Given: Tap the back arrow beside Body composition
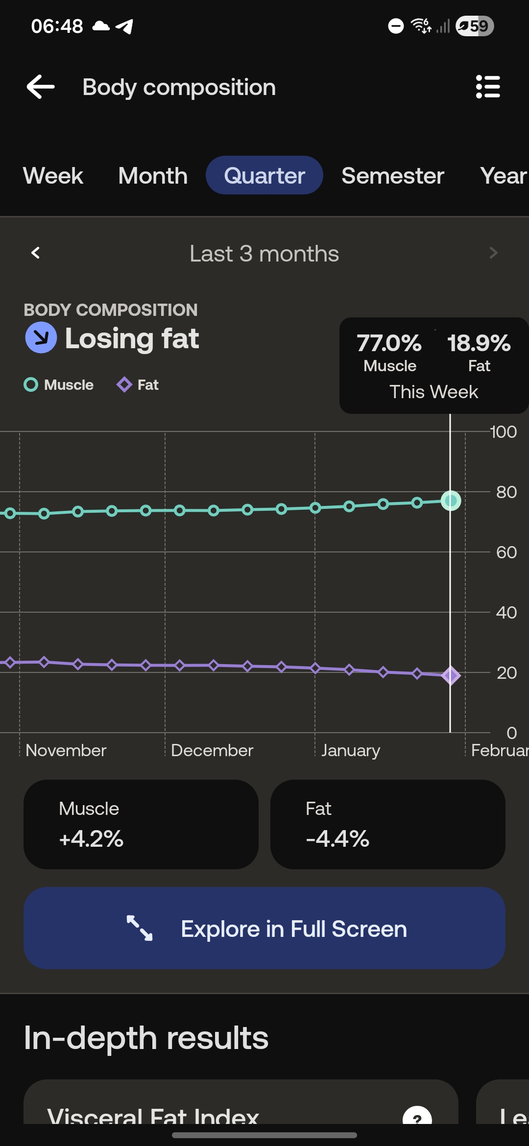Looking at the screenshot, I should (41, 87).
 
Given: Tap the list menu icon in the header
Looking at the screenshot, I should (488, 87).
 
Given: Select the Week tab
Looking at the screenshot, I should (53, 176).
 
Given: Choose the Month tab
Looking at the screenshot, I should (153, 176).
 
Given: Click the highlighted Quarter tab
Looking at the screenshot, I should (264, 176).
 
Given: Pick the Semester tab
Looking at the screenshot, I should (393, 176).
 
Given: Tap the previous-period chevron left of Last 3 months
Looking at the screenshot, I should (35, 253).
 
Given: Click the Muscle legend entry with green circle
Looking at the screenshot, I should (59, 385).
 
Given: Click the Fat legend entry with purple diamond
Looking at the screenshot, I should (138, 385).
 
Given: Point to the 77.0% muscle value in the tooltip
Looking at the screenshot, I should (389, 343).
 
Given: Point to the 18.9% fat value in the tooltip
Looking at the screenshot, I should (479, 343).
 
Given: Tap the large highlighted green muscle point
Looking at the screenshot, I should (451, 501).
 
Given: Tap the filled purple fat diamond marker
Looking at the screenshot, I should (451, 676).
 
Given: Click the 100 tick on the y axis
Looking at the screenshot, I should (503, 432).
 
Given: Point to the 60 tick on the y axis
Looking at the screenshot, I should (506, 552).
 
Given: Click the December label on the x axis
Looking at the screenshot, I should (212, 750).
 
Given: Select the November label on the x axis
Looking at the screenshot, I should (66, 750).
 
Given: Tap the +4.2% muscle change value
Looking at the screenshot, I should (91, 838).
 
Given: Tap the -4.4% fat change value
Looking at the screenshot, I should (337, 838).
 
